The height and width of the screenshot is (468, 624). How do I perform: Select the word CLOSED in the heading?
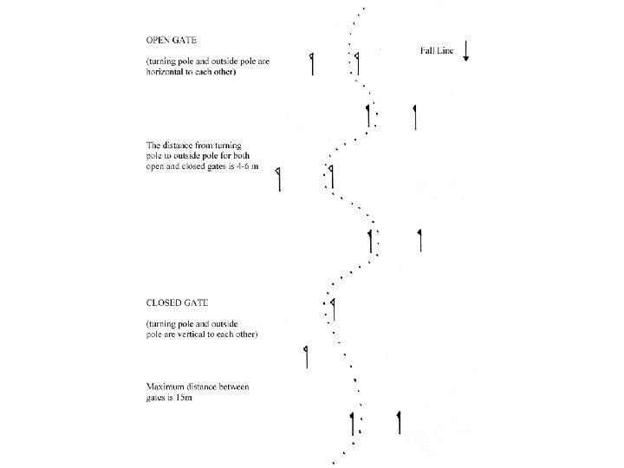click(x=166, y=302)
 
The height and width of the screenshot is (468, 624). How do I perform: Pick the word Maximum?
click(x=166, y=385)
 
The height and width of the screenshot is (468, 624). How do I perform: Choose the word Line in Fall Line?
click(x=442, y=50)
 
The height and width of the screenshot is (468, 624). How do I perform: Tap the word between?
click(x=237, y=385)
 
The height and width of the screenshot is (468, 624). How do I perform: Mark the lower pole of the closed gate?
click(x=306, y=355)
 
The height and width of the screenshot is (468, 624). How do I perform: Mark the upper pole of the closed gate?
click(x=333, y=308)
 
